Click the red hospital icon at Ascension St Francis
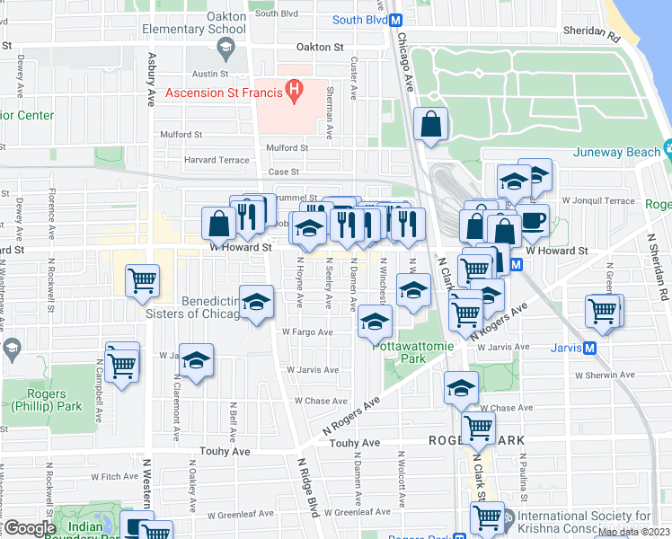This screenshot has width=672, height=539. [x=293, y=90]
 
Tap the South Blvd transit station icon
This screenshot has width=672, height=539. [x=395, y=20]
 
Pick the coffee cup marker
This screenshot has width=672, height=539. [x=532, y=219]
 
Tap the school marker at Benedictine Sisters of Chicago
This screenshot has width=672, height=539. [x=256, y=303]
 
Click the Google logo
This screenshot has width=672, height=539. [x=30, y=527]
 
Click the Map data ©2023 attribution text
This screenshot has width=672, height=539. [x=633, y=532]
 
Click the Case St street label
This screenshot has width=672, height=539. [x=283, y=172]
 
